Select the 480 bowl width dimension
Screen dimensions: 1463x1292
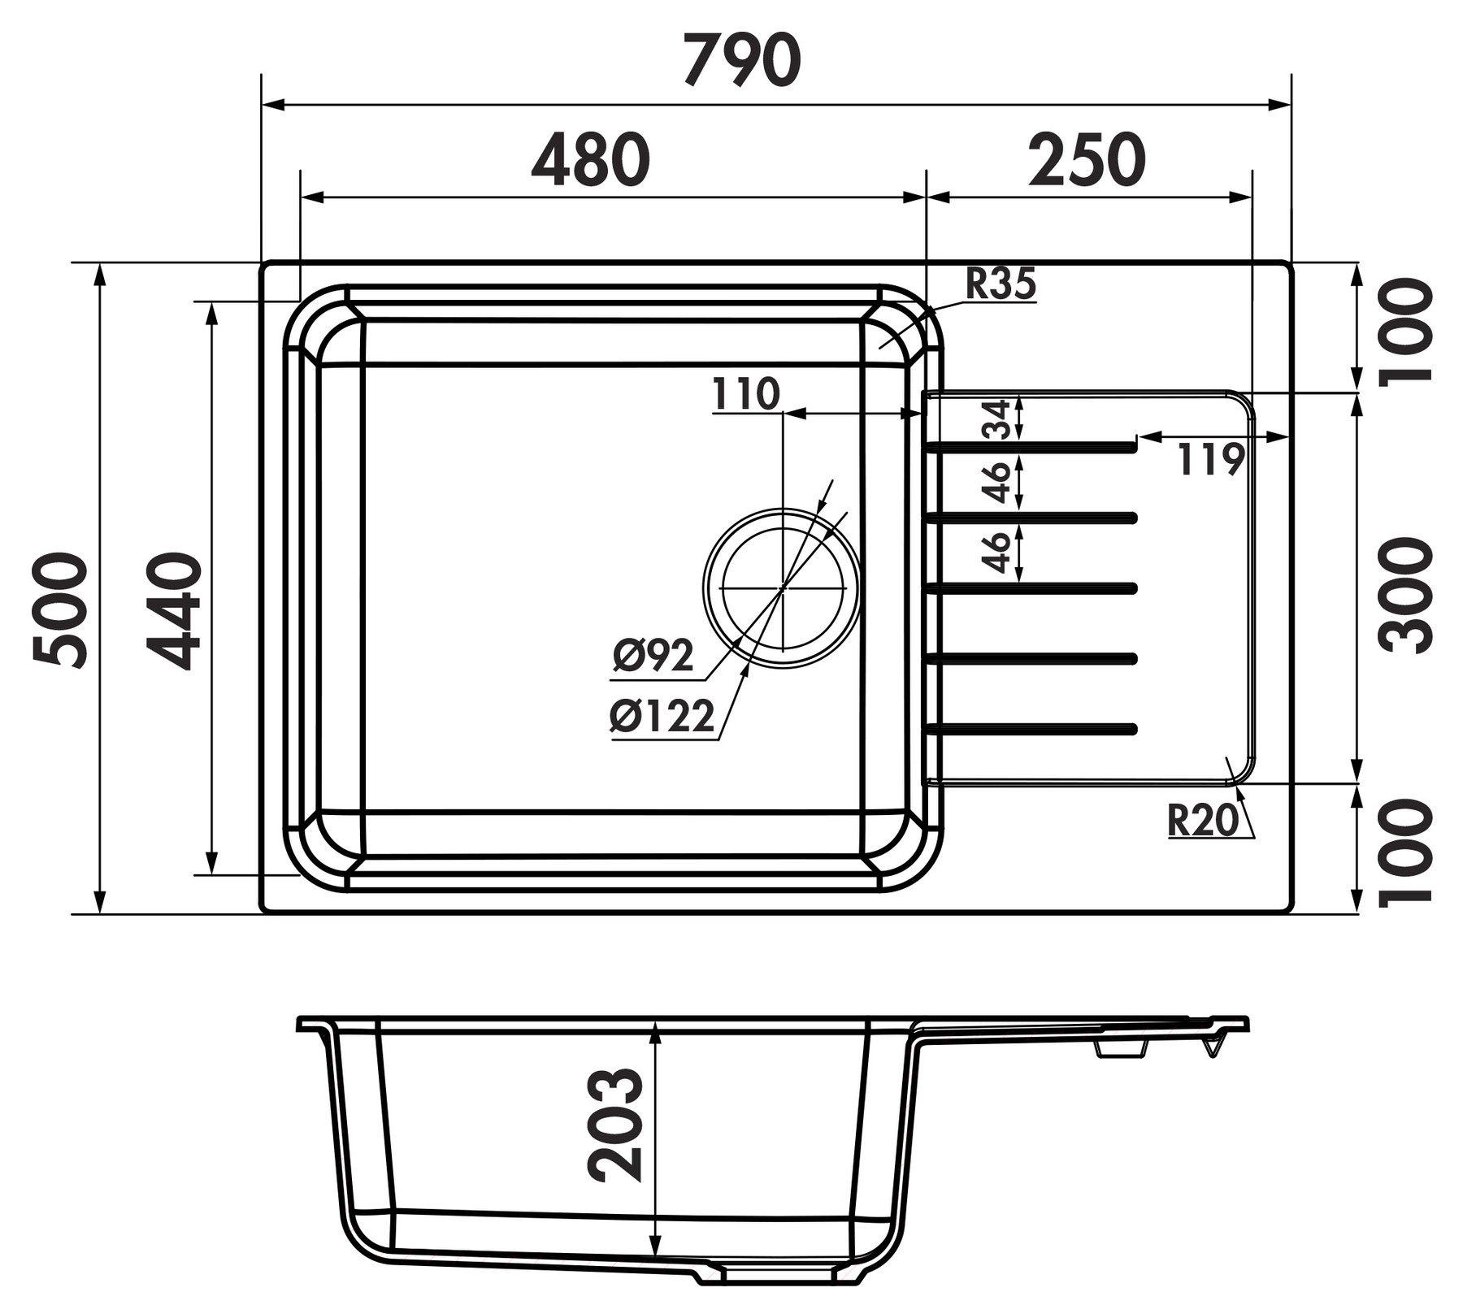click(591, 159)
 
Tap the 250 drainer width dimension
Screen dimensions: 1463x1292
click(1087, 159)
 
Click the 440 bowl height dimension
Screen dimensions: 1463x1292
click(173, 610)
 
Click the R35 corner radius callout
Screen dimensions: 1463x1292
click(1001, 284)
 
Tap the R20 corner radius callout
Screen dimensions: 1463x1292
click(1203, 820)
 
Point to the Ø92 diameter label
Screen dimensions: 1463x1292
click(653, 656)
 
